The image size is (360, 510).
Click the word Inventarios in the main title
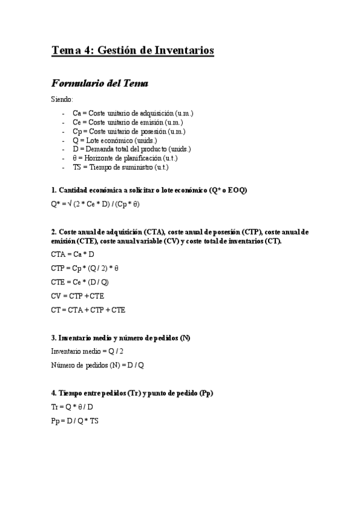pos(184,51)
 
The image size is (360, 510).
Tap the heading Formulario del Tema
pos(99,83)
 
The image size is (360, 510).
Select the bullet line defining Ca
pos(132,113)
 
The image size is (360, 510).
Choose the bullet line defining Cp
pos(128,131)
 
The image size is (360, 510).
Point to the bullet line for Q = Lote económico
pos(115,140)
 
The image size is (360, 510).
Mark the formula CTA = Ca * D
pos(73,254)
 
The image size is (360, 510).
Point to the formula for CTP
pos(85,268)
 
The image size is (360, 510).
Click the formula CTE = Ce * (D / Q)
pos(80,281)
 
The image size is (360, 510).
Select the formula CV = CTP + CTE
pos(78,296)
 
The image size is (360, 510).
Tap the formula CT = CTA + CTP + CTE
pos(88,310)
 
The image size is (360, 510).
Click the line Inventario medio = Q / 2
pos(88,351)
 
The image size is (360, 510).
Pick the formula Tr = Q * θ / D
pos(76,407)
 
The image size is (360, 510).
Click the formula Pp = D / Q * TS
pos(75,421)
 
